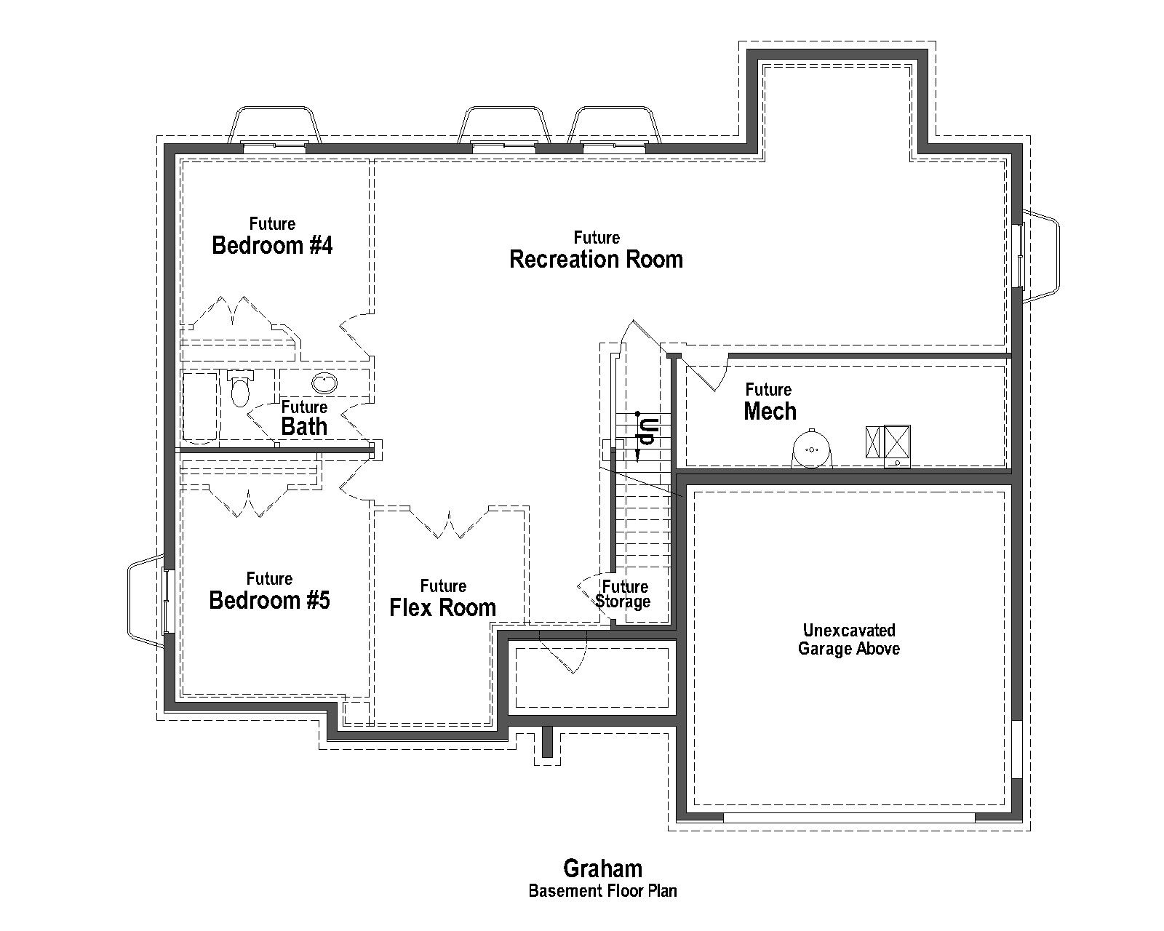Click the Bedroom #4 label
(272, 245)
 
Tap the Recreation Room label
(596, 259)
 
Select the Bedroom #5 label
(269, 600)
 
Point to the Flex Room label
(442, 607)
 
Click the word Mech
(770, 411)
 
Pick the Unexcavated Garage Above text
(848, 639)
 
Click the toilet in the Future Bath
(239, 390)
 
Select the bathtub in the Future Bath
(199, 407)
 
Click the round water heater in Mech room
(811, 449)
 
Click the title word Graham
(602, 868)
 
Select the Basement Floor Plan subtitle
(602, 890)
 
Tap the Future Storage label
(623, 594)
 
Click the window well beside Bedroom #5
(145, 601)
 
